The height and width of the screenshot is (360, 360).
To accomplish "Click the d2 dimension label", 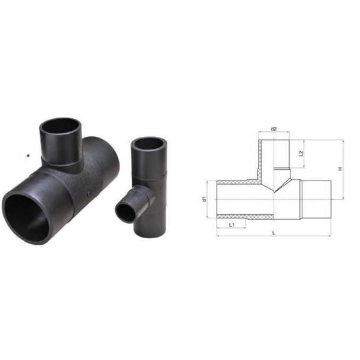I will pyautogui.click(x=274, y=128).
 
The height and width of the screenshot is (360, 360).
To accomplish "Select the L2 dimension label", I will pyautogui.click(x=301, y=154).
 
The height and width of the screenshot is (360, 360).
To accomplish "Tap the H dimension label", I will pyautogui.click(x=339, y=170).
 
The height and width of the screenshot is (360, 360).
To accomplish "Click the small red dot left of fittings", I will pyautogui.click(x=28, y=157).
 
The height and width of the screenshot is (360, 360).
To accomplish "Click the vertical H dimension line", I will pyautogui.click(x=344, y=170).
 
